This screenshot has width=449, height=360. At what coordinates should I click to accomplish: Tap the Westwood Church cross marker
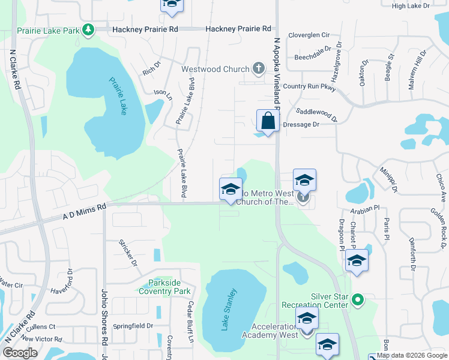(x=259, y=68)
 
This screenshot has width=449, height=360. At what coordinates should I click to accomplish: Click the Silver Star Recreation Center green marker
(x=358, y=298)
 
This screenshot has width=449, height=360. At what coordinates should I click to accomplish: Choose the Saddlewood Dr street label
(x=317, y=112)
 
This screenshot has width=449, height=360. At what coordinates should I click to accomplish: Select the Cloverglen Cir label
(x=310, y=36)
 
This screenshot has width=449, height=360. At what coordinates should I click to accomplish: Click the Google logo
(x=20, y=352)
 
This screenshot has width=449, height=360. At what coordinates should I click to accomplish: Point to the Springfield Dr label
(x=133, y=326)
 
